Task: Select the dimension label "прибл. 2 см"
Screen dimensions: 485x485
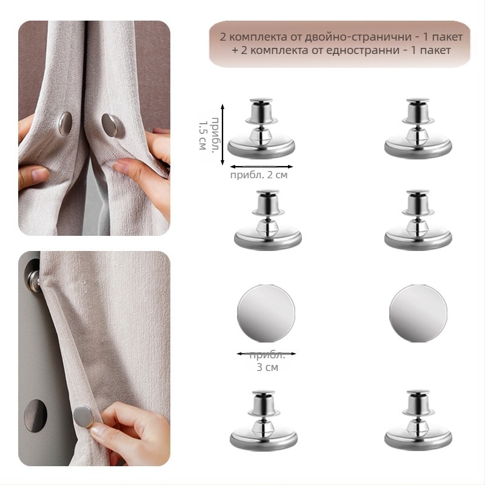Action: tap(259, 175)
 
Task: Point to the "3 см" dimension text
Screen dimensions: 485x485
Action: tap(267, 367)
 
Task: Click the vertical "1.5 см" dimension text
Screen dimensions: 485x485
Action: tap(202, 135)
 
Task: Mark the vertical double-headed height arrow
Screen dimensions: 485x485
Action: tap(222, 135)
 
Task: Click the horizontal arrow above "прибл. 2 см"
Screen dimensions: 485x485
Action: tap(261, 167)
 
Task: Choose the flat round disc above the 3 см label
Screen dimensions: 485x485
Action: tap(266, 313)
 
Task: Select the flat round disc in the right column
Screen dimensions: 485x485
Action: tap(418, 313)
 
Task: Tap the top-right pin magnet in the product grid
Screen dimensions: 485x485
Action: tap(418, 129)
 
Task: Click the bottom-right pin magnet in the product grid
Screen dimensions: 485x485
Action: tap(418, 421)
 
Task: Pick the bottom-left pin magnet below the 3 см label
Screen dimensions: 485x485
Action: tap(264, 421)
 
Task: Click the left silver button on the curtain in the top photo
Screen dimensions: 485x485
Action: tap(65, 124)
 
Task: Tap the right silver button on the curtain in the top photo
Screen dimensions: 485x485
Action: tap(110, 125)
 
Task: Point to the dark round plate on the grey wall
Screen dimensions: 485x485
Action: tap(36, 415)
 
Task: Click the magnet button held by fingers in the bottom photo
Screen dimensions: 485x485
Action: tap(83, 416)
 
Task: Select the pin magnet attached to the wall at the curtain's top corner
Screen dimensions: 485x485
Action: tap(33, 276)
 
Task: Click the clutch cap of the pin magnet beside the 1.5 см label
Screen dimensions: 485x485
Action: tap(261, 110)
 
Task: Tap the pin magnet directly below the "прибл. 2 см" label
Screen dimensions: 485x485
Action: tap(268, 220)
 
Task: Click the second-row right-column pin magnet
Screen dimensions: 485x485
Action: tap(418, 220)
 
